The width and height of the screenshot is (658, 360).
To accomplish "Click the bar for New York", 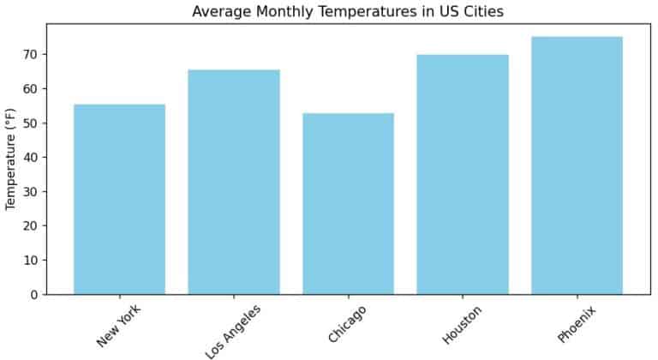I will (x=119, y=199).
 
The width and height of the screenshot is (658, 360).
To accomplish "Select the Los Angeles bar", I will (x=234, y=182).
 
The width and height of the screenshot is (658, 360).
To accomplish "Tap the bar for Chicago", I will (x=348, y=203).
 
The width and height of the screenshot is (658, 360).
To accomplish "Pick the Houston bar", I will (x=463, y=174).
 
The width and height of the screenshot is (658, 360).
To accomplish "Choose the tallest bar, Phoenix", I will (x=577, y=165).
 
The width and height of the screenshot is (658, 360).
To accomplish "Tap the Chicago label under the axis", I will (x=347, y=323).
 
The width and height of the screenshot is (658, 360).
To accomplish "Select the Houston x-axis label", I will (x=462, y=324).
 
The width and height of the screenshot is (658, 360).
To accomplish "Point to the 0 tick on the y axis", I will (x=34, y=295).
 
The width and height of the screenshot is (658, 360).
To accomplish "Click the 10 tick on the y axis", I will (x=31, y=261).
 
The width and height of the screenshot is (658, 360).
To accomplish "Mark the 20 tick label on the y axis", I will (x=31, y=226).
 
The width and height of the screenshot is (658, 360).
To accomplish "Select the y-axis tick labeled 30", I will (x=31, y=192).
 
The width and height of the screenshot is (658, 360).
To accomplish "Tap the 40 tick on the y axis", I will (x=31, y=158).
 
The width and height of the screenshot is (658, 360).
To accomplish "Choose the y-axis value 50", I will (x=31, y=123).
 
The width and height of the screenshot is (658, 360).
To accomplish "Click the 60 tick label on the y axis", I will (x=31, y=89).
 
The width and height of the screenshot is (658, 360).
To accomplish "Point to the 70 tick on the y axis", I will (x=31, y=55).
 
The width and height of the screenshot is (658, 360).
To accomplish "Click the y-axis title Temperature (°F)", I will (x=11, y=159).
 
